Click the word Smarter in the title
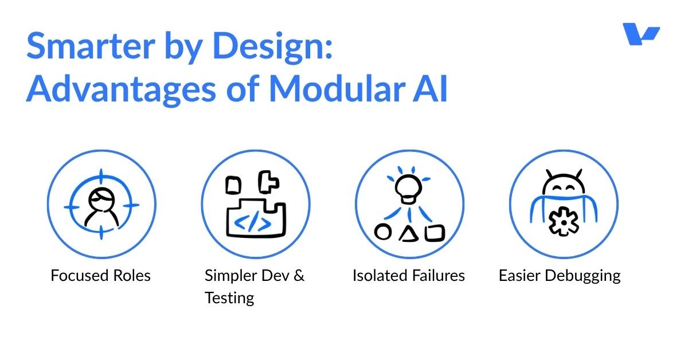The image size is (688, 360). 91,46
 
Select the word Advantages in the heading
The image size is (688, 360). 122,89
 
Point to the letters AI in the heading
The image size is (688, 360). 430,88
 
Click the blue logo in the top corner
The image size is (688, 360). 641,34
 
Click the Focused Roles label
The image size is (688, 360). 101,275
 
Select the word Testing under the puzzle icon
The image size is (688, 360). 229,298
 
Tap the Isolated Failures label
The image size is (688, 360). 408,275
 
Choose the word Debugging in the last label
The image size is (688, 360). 583,276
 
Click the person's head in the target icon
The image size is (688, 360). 101,199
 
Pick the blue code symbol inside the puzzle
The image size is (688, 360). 252,221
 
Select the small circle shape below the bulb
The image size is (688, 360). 383,232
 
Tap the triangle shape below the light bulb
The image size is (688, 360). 408,233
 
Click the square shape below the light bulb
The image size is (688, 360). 435,233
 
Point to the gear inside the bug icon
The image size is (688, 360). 563,222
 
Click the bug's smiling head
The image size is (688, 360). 564,185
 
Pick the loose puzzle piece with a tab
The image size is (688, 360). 268,182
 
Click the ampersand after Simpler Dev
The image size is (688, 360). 299,275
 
